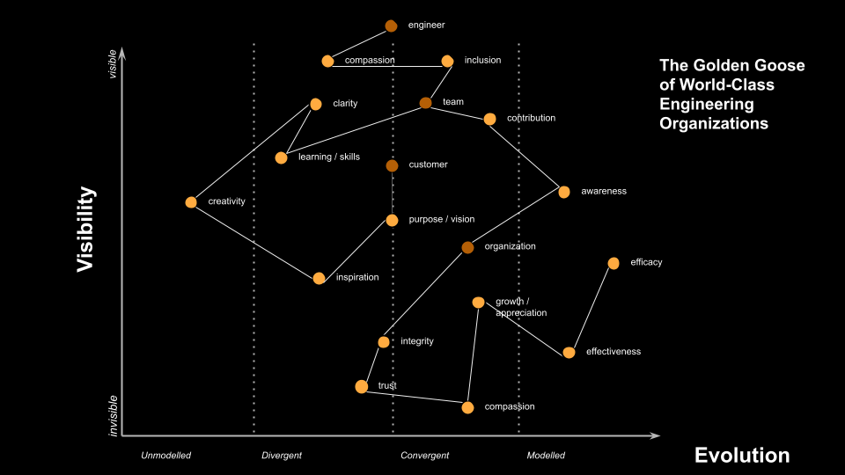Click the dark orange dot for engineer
tap(391, 26)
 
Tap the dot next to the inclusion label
tap(447, 61)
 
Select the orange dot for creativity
tap(191, 202)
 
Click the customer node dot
tap(392, 165)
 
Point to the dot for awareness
tap(564, 192)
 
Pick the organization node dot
tap(467, 247)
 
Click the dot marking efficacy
tap(614, 263)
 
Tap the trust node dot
tap(361, 387)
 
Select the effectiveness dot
tap(569, 353)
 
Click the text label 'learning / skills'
tap(329, 157)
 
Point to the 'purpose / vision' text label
tap(442, 220)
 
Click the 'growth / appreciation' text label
tap(521, 307)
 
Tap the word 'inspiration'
tap(357, 278)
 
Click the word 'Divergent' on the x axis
tap(282, 456)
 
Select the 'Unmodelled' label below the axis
tap(166, 456)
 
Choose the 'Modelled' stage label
tap(546, 456)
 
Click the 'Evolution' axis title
tap(742, 455)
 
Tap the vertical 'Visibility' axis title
tap(85, 229)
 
